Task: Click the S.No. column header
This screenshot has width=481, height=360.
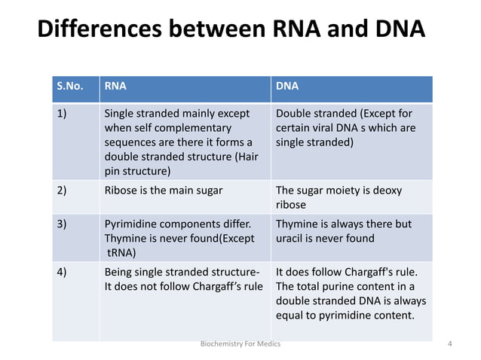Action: [x=70, y=86]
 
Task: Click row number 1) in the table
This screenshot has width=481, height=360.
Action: [x=63, y=114]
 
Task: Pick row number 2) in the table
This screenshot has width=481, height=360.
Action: [x=63, y=191]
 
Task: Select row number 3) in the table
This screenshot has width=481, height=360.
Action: [x=63, y=224]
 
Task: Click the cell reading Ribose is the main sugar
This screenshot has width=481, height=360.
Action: [x=163, y=191]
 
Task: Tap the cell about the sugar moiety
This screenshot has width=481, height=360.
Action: [x=339, y=197]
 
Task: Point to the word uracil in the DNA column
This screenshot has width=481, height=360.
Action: [x=291, y=239]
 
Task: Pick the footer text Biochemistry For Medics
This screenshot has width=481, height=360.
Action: [x=240, y=344]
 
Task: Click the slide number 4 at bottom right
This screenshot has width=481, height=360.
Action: [x=449, y=344]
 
